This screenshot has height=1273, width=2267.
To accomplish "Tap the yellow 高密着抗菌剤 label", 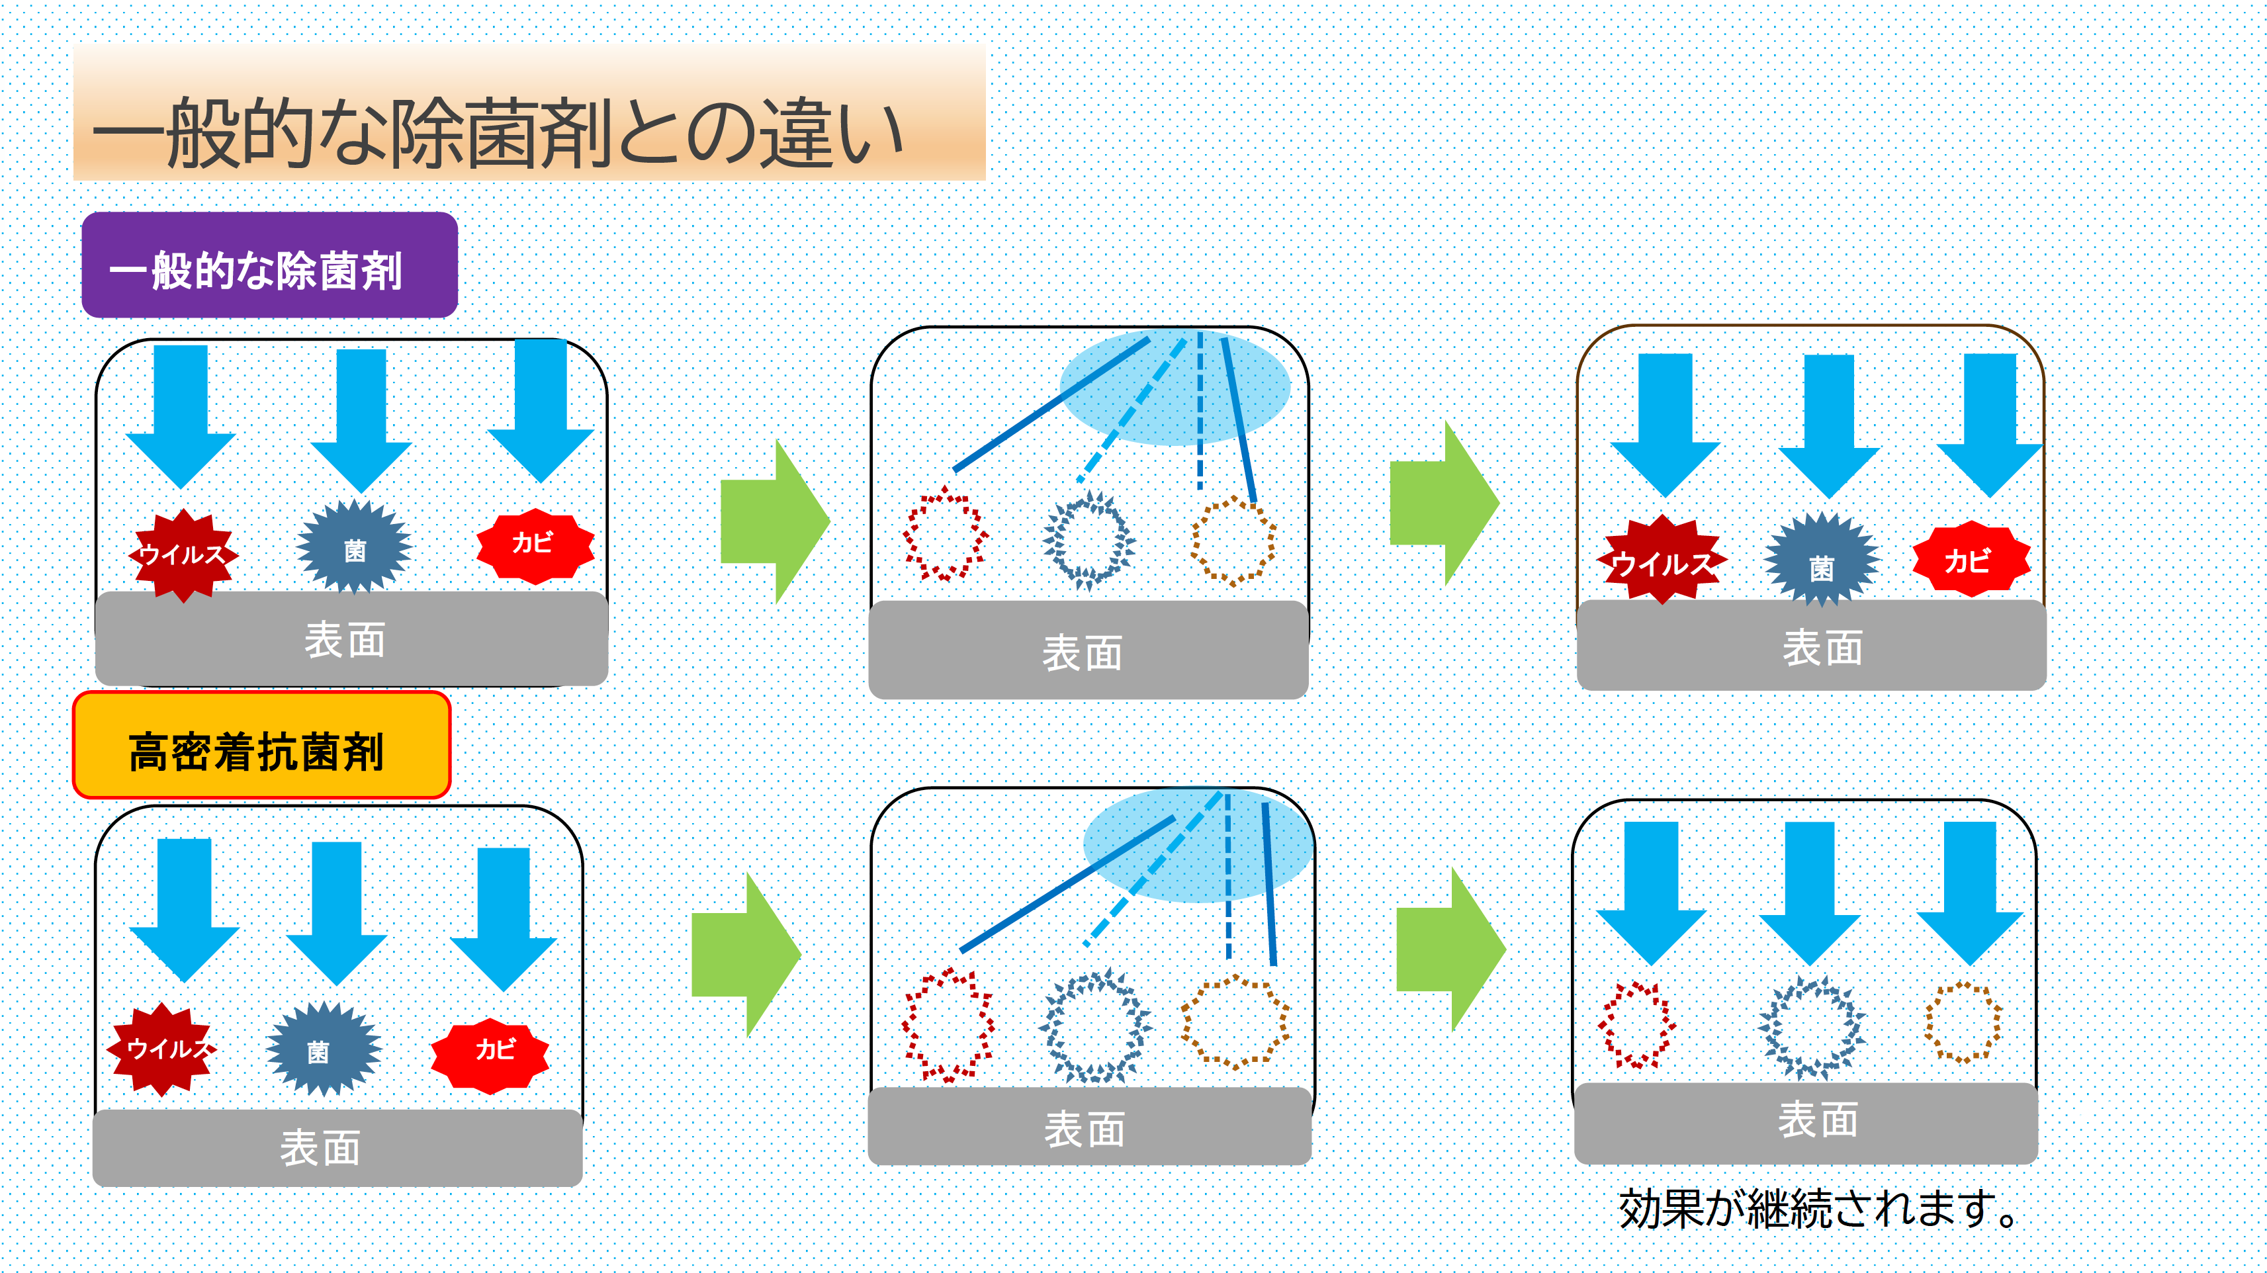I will [261, 746].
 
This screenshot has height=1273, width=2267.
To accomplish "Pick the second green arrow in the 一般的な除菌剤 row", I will [1444, 504].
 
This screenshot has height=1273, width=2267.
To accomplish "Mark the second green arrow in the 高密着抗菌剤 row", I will [1450, 948].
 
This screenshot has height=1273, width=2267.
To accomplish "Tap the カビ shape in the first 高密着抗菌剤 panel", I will [490, 1054].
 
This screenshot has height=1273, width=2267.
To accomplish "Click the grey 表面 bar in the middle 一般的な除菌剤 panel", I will [1088, 651].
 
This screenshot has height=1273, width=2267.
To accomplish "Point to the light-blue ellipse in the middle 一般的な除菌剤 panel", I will [1175, 387].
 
